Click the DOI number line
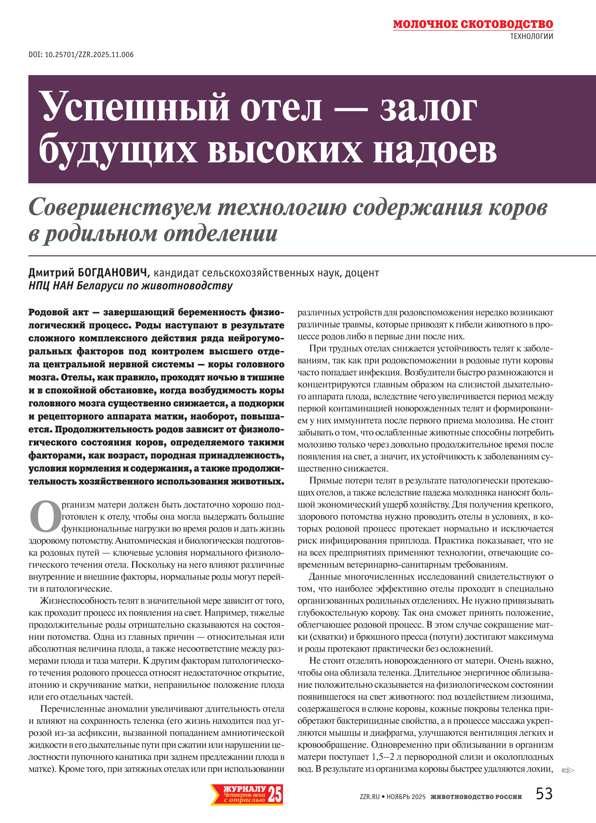81,55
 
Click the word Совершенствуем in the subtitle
120,208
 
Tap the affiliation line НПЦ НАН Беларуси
131,286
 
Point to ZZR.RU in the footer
370,797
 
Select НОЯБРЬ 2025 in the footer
406,797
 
